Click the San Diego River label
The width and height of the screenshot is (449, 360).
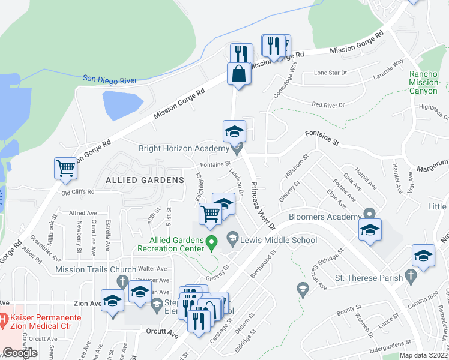coord(110,79)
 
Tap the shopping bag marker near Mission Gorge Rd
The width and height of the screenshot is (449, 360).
coord(238,74)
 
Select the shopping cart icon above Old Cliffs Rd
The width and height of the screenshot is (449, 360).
coord(65,169)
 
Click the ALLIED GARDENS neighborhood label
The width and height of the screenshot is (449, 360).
coord(145,180)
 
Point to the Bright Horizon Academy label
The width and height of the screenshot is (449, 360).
coord(183,148)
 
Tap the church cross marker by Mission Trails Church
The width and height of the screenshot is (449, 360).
coord(122,281)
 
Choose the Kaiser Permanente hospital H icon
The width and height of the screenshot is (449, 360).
coord(4,317)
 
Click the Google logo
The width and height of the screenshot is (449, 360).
coord(20,353)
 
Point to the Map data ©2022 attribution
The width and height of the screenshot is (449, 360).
coord(424,356)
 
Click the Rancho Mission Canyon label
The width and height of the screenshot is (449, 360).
coord(427,83)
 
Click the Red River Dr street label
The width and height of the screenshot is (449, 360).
coord(328,104)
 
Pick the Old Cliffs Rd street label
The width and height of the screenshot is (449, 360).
coord(78,192)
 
